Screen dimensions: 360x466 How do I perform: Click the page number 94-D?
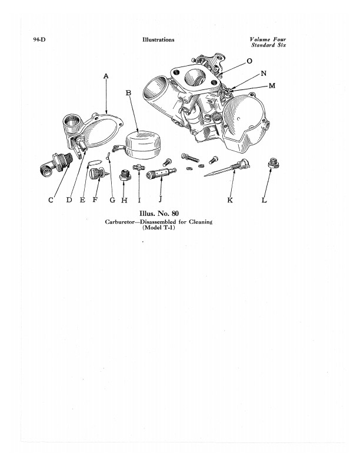39,40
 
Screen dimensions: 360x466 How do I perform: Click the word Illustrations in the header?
158,39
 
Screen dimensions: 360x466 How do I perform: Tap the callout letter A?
106,76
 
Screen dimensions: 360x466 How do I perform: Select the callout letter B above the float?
128,93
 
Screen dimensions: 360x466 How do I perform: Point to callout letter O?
249,61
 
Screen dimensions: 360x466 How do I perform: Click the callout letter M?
272,85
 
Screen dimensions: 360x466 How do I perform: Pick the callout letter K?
230,200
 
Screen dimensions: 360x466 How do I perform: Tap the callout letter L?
264,200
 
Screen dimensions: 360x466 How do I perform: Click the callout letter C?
51,200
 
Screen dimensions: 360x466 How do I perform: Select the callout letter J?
160,199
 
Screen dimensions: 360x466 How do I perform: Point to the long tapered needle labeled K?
226,168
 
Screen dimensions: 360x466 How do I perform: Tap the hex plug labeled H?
125,175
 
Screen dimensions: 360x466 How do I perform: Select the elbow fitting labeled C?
56,164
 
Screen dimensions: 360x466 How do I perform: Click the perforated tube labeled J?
161,172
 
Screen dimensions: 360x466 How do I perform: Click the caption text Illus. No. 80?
159,214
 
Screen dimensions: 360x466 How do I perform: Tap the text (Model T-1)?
159,228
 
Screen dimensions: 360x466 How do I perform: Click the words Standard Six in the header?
268,45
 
